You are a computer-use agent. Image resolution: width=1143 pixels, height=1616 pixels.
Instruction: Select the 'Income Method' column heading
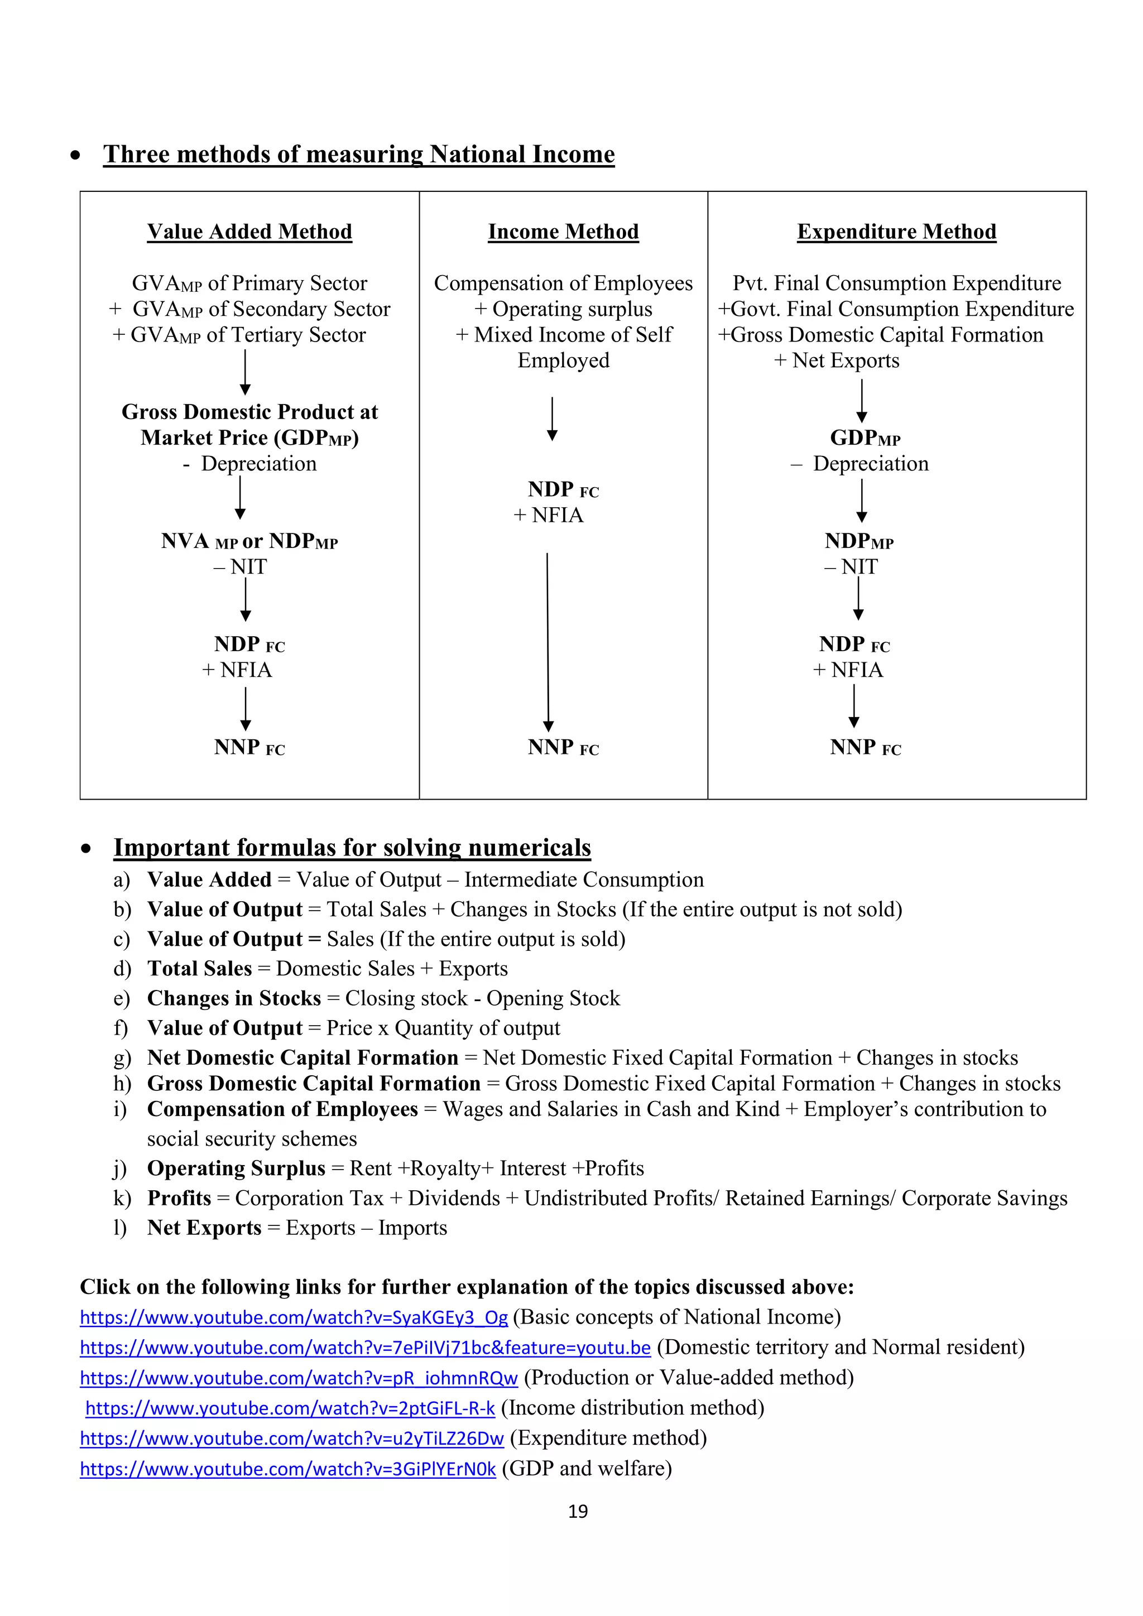coord(563,232)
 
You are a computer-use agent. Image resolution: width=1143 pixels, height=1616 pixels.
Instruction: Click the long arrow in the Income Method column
coord(548,641)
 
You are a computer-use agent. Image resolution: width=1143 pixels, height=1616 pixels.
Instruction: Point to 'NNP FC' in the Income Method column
coord(563,748)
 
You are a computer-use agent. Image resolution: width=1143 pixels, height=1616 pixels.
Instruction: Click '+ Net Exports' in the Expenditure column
coord(836,360)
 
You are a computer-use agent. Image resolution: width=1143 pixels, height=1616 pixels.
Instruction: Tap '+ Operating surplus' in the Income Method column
coord(563,309)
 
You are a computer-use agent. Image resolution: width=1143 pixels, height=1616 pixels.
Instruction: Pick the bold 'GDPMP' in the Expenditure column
coord(865,438)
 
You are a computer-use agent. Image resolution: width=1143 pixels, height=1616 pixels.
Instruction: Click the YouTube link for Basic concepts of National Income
coord(294,1317)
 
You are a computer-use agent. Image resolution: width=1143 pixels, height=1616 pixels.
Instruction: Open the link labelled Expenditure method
coord(291,1438)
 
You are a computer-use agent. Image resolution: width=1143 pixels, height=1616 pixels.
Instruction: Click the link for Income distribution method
coord(290,1408)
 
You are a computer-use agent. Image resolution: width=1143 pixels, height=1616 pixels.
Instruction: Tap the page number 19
coord(577,1511)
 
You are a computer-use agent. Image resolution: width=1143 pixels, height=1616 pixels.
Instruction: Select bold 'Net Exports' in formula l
coord(204,1228)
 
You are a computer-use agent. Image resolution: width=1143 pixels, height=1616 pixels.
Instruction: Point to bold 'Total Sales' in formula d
coord(199,969)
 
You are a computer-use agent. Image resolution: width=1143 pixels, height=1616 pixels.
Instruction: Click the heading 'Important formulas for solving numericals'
coord(352,848)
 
